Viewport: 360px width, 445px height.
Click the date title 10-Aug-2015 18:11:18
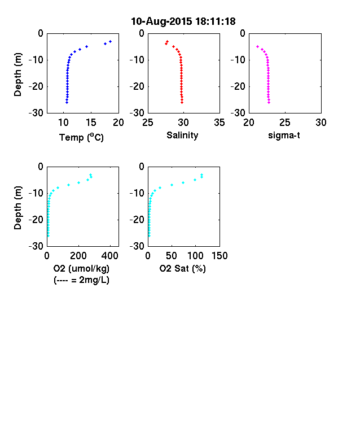pyautogui.click(x=183, y=21)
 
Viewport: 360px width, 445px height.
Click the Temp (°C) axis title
pyautogui.click(x=81, y=137)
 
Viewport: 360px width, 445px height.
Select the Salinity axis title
pyautogui.click(x=182, y=136)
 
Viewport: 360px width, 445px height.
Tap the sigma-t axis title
pyautogui.click(x=284, y=136)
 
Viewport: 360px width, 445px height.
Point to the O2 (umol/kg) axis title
pyautogui.click(x=81, y=269)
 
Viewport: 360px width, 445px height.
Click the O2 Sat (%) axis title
pyautogui.click(x=183, y=268)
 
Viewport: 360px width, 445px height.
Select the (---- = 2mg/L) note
pyautogui.click(x=81, y=280)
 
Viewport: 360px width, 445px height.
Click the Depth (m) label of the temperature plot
pyautogui.click(x=17, y=75)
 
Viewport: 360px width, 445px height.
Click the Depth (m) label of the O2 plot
pyautogui.click(x=17, y=208)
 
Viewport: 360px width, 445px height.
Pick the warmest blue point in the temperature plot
pyautogui.click(x=110, y=41)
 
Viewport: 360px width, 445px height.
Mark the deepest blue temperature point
pyautogui.click(x=67, y=102)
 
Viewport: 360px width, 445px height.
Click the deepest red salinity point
pyautogui.click(x=182, y=102)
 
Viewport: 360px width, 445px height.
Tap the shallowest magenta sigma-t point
pyautogui.click(x=258, y=46)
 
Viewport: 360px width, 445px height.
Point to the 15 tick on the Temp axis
pyautogui.click(x=91, y=123)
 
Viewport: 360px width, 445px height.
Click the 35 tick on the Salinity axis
pyautogui.click(x=219, y=123)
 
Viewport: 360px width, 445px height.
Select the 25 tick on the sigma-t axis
pyautogui.click(x=285, y=123)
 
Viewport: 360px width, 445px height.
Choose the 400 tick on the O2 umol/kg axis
pyautogui.click(x=110, y=256)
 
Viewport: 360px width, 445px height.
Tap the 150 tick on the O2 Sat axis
pyautogui.click(x=219, y=256)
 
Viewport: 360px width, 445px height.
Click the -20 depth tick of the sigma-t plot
pyautogui.click(x=238, y=86)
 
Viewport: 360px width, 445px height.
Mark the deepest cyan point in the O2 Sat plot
pyautogui.click(x=149, y=235)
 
